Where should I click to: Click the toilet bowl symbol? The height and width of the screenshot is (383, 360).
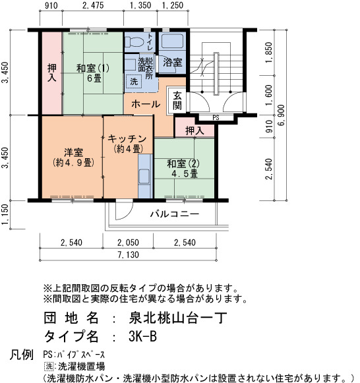click(x=134, y=42)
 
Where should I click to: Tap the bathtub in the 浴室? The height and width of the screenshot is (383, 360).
click(x=172, y=41)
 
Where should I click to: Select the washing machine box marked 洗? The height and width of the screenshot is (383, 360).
click(x=134, y=81)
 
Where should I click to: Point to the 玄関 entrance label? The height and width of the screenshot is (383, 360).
click(x=177, y=100)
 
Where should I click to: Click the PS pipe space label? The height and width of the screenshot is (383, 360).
click(x=216, y=118)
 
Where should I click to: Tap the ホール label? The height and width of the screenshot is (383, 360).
click(x=146, y=104)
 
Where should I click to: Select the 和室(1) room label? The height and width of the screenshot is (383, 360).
click(x=93, y=73)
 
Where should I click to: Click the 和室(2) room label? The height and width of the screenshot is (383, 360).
click(x=183, y=169)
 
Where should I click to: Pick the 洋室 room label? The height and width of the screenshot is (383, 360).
click(x=73, y=158)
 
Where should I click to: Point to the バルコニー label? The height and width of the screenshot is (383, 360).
click(x=174, y=214)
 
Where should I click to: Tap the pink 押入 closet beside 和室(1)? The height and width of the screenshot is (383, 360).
click(x=52, y=73)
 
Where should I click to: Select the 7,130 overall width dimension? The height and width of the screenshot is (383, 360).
click(x=128, y=254)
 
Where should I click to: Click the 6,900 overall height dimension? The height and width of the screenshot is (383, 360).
click(x=282, y=115)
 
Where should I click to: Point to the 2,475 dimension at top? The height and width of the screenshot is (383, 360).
click(x=93, y=5)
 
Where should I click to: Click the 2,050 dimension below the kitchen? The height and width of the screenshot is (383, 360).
click(x=128, y=243)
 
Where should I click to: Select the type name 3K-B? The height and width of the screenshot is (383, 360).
click(x=142, y=336)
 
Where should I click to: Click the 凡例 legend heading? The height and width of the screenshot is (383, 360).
click(x=22, y=355)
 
